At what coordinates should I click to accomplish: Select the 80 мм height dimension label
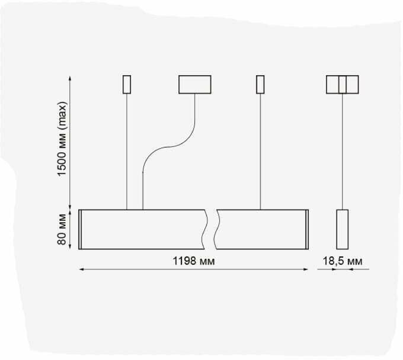pos(62,230)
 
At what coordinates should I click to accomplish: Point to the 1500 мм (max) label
pos(62,140)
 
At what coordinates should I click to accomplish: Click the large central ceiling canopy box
pos(195,85)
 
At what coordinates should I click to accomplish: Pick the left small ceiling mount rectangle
pos(126,85)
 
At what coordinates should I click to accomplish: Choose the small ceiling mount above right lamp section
pos(260,85)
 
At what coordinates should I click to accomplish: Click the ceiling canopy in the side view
pos(343,85)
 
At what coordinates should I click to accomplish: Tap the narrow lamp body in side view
pos(343,229)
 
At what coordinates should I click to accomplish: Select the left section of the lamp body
pos(142,229)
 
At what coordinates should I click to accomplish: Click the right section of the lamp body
pos(261,229)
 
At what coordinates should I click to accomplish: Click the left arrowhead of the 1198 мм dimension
pos(81,270)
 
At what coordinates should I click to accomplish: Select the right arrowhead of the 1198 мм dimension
pos(306,270)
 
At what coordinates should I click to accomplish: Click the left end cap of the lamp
pos(80,229)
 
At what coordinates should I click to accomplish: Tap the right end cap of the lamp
pos(307,229)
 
